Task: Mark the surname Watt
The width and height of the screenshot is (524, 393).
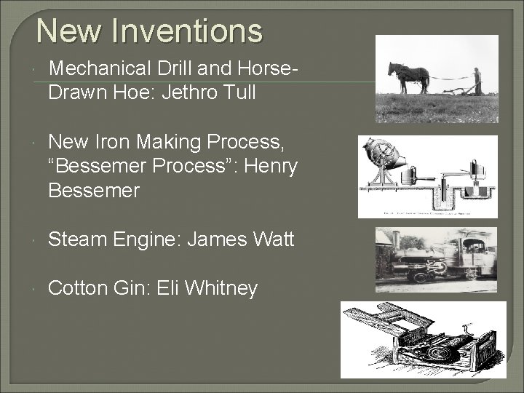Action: coord(273,239)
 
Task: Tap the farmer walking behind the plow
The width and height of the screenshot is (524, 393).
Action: coord(477,82)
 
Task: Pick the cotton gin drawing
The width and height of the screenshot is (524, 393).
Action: coord(423,340)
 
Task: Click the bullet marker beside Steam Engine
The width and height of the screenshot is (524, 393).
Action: coord(37,240)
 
